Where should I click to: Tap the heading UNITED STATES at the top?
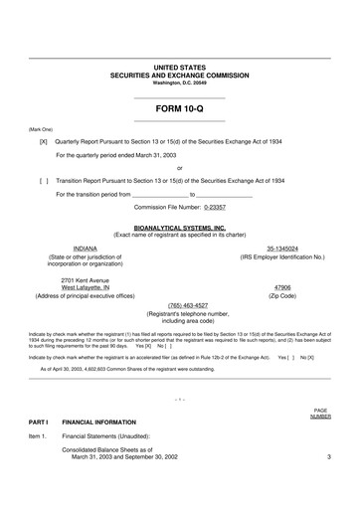179,67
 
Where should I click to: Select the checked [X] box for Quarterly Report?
43,142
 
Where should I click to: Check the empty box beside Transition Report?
43,181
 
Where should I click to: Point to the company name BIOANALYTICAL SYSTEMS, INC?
179,228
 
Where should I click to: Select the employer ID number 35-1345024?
282,248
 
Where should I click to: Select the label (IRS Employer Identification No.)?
282,256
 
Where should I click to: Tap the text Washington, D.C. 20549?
179,82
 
